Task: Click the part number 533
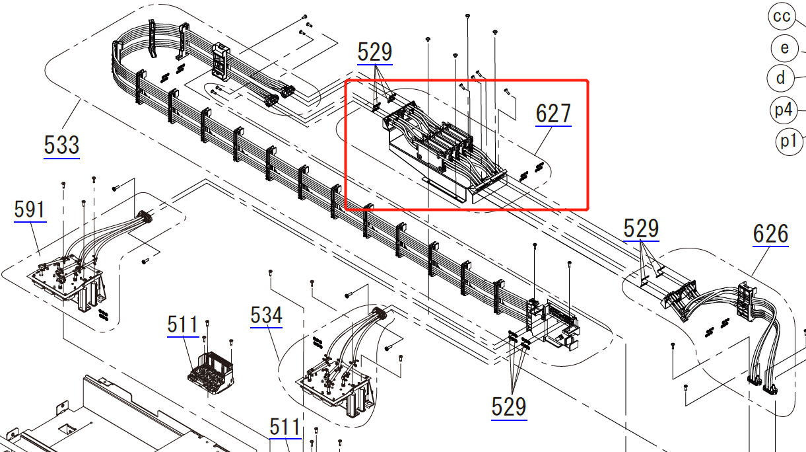pyautogui.click(x=61, y=145)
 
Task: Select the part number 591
pyautogui.click(x=30, y=209)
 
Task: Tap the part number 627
pyautogui.click(x=553, y=114)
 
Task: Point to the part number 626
pyautogui.click(x=771, y=234)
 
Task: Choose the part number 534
pyautogui.click(x=266, y=315)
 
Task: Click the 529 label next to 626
pyautogui.click(x=641, y=229)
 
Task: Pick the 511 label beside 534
pyautogui.click(x=183, y=324)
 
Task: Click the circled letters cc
pyautogui.click(x=782, y=17)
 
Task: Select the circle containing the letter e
pyautogui.click(x=785, y=48)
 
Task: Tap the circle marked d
pyautogui.click(x=780, y=78)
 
